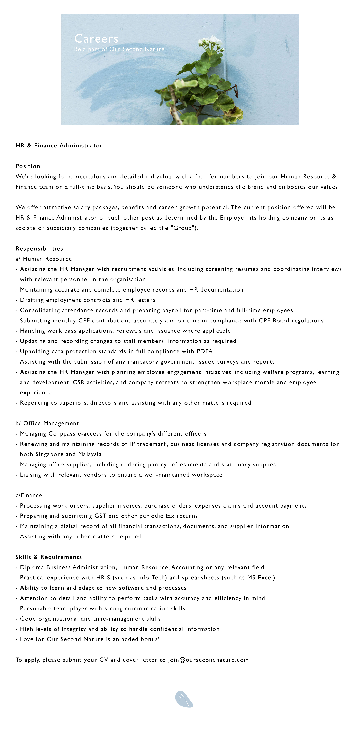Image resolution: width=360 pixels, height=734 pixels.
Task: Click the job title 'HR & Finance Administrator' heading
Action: pyautogui.click(x=59, y=146)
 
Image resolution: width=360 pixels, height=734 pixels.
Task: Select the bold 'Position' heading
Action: pyautogui.click(x=28, y=166)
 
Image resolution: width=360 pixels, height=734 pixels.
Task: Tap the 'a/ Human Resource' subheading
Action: pyautogui.click(x=44, y=259)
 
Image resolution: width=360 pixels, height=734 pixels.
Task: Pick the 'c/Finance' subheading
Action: pyautogui.click(x=29, y=495)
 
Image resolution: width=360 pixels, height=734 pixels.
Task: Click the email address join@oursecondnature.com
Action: pyautogui.click(x=208, y=660)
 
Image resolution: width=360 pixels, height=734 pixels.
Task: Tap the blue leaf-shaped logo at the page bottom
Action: pyautogui.click(x=184, y=699)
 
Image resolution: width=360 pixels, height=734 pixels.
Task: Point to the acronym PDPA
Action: pyautogui.click(x=205, y=351)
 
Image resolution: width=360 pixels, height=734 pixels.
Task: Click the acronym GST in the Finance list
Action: pyautogui.click(x=100, y=516)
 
